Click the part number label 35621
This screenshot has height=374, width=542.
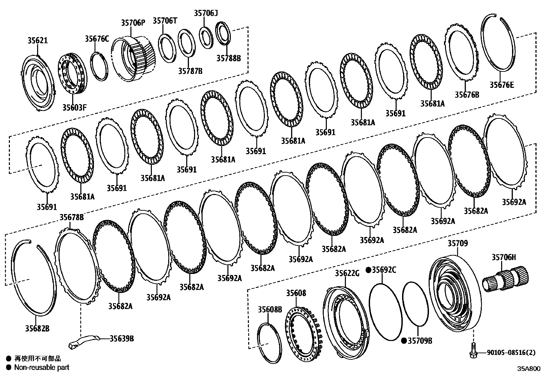[x=37, y=40]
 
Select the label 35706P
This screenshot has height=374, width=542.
[x=133, y=23]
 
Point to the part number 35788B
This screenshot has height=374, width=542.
[x=228, y=58]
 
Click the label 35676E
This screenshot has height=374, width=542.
[x=502, y=85]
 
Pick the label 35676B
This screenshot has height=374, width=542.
[x=467, y=95]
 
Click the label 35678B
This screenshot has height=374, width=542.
[x=71, y=217]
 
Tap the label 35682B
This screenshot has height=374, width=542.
[x=37, y=328]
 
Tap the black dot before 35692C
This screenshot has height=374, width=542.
[x=368, y=270]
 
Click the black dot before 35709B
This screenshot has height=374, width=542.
[x=404, y=340]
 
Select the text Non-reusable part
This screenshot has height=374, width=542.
[x=42, y=367]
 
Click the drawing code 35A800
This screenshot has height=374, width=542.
[x=529, y=369]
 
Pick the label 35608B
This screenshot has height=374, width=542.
[x=270, y=309]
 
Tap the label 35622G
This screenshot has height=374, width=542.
[x=347, y=273]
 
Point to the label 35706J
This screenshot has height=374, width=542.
[x=206, y=13]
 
